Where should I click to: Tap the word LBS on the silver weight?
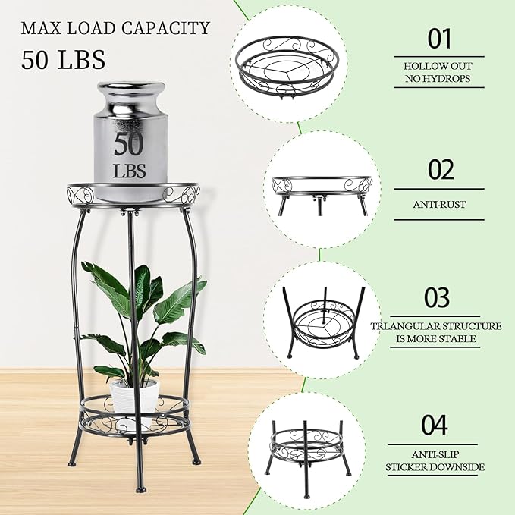[130, 169]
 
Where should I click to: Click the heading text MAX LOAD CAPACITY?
[115, 29]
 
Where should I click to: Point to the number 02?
[440, 169]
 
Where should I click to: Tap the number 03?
[439, 297]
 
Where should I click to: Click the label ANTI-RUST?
[439, 203]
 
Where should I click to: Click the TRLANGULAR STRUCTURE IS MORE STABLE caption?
[436, 332]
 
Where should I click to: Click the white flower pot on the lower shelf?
[134, 395]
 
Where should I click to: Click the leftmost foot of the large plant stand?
[72, 460]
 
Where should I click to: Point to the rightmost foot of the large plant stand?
[196, 460]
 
